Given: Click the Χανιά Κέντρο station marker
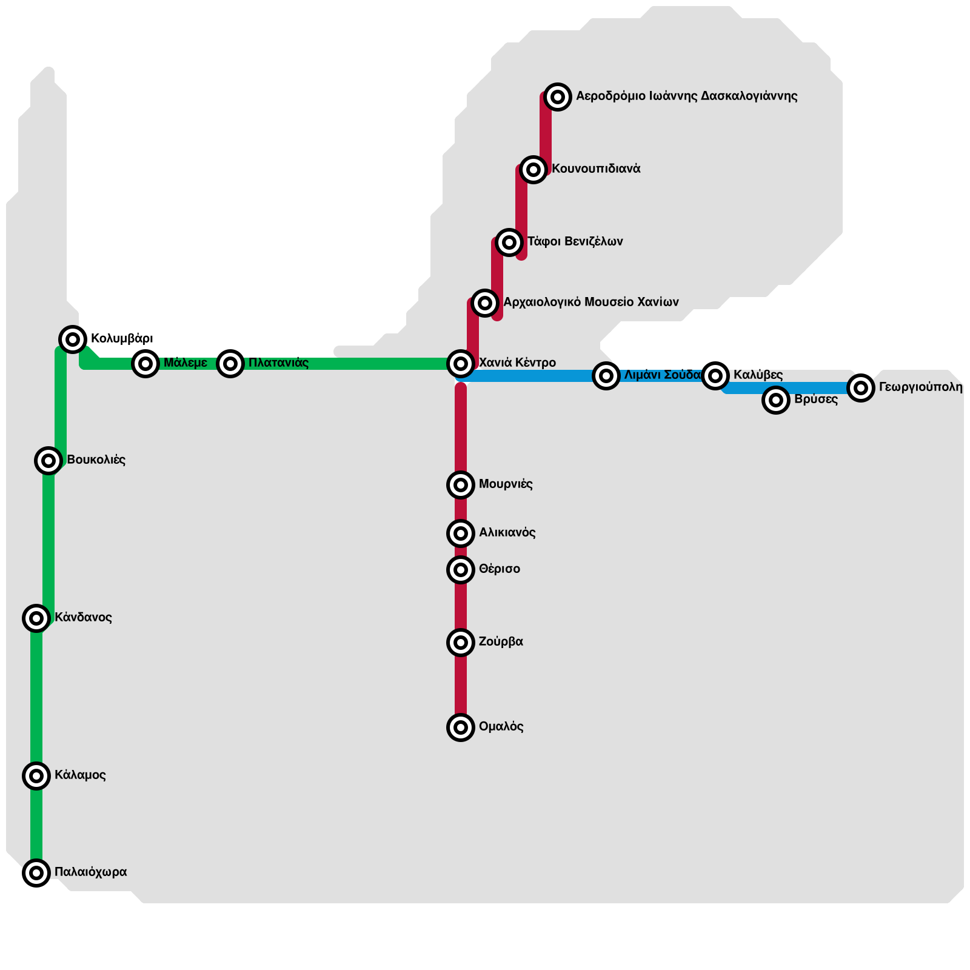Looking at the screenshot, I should tap(461, 364).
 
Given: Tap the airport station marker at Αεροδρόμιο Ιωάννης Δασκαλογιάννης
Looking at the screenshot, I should tap(558, 97).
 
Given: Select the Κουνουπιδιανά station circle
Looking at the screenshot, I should tap(533, 170).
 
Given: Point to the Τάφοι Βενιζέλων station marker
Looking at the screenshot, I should tap(509, 242).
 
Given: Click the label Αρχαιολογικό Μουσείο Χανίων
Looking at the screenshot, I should tap(591, 302).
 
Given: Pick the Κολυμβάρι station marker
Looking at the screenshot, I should tap(73, 339).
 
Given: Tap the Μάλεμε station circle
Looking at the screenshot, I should tap(145, 364).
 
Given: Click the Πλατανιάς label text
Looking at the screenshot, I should tap(278, 363).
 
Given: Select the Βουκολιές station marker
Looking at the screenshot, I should tap(48, 461).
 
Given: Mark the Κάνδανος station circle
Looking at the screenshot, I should tap(36, 618).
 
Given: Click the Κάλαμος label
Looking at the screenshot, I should tap(80, 775).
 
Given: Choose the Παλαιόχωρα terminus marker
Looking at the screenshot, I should tap(36, 873).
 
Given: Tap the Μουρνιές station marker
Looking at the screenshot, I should tap(461, 485).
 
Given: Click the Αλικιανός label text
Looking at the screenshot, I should tap(507, 532).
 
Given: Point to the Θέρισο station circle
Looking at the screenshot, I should tap(461, 570).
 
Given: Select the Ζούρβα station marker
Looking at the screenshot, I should tap(461, 643).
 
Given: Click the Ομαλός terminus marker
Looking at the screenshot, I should tap(461, 727).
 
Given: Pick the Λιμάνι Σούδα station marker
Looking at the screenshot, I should tap(606, 376).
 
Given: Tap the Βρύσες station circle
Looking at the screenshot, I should tap(776, 400).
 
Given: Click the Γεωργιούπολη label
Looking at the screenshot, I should tap(920, 387).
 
